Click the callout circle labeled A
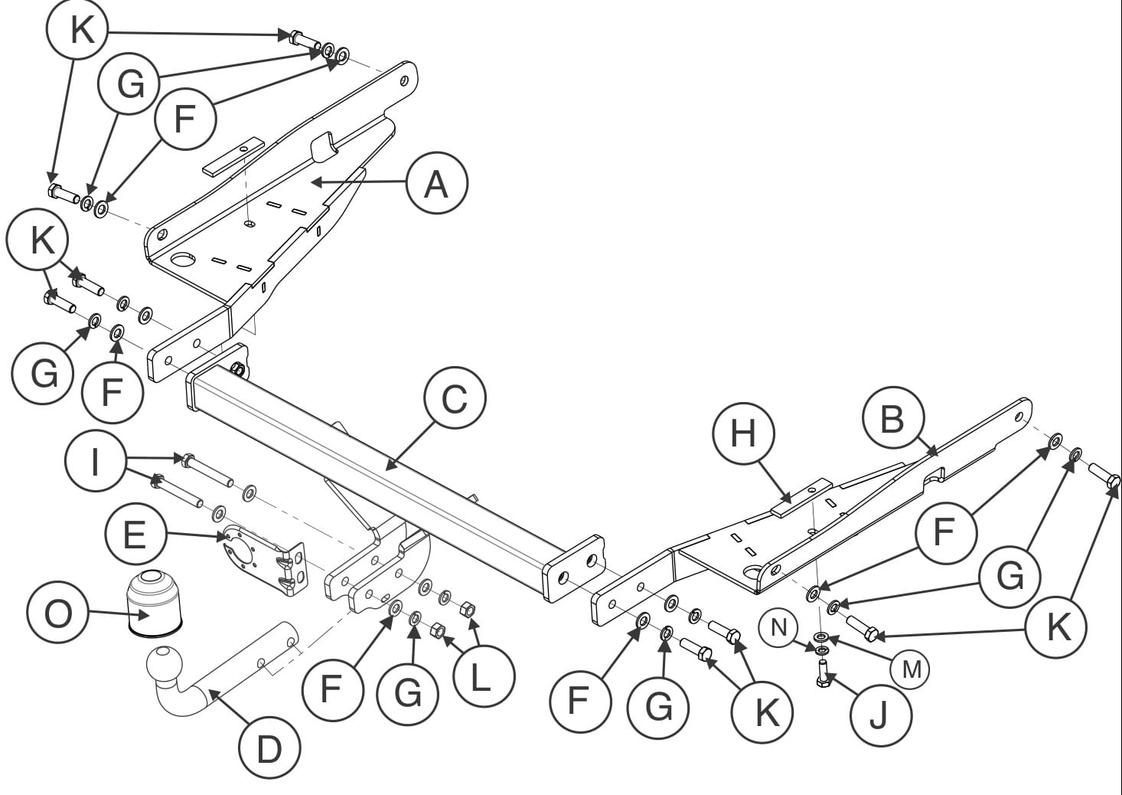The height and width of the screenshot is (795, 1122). pos(436,185)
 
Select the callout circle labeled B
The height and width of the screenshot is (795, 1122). pos(892,418)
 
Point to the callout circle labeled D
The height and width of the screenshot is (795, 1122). pos(269,748)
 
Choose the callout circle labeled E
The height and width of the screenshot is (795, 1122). pos(135,533)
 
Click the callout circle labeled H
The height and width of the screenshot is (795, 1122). pos(743,433)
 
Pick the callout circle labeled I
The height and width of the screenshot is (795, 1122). pos(95,462)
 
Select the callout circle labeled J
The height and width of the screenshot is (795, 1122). pos(879,716)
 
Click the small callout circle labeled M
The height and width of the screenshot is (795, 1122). pos(911,669)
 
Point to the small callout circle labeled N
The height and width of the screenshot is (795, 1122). pos(778,628)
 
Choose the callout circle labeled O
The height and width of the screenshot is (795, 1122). pos(57,613)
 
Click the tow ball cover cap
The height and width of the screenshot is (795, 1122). pos(154,602)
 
